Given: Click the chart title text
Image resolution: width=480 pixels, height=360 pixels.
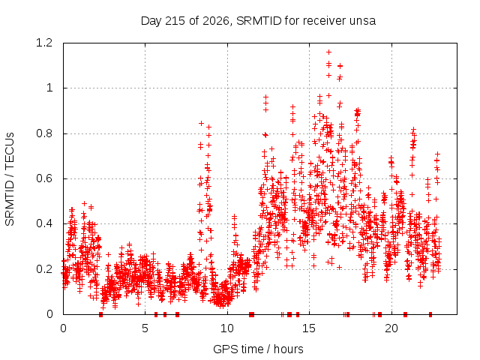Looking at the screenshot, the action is [x=258, y=21].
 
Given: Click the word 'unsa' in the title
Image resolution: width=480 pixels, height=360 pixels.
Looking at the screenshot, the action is [x=363, y=21].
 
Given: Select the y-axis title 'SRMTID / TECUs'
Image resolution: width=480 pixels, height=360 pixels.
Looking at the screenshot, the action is [x=10, y=179].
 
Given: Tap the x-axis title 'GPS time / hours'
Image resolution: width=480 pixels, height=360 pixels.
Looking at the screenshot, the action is [x=258, y=349].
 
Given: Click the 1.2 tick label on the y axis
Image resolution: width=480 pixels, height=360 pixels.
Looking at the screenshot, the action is [x=44, y=43].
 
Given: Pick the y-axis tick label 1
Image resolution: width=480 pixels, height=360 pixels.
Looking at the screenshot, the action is [x=49, y=88].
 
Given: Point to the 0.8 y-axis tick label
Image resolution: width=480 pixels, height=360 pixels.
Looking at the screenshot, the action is [x=44, y=133].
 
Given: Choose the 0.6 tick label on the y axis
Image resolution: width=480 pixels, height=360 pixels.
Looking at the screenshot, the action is [x=44, y=178].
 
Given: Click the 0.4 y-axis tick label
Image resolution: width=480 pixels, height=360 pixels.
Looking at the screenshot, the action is [x=44, y=223].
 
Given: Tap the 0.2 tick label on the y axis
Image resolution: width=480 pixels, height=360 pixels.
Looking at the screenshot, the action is [x=44, y=269].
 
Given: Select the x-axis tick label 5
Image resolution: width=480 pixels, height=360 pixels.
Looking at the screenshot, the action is [x=145, y=328].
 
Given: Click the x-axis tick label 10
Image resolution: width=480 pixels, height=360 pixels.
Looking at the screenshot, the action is [x=227, y=328].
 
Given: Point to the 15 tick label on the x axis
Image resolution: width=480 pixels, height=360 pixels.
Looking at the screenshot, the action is [x=309, y=328].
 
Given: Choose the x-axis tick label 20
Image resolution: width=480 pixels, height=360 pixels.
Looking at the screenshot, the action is [x=391, y=328].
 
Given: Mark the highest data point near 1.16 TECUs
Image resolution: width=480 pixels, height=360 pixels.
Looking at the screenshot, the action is [x=328, y=52].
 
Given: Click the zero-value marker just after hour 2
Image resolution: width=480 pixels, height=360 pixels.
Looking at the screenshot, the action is [x=100, y=314].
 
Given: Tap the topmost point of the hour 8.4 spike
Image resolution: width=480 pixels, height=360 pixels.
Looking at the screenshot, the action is [x=201, y=123].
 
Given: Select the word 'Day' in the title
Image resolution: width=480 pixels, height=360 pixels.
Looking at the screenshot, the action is [x=151, y=21].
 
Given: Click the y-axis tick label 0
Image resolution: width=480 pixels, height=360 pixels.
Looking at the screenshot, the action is [x=49, y=314].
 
